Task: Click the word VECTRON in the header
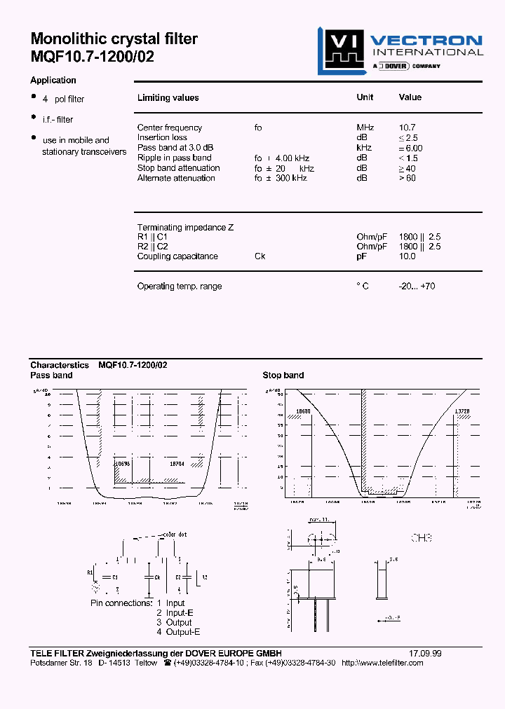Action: (x=426, y=41)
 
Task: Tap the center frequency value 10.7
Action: (x=407, y=128)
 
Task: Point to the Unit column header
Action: (x=365, y=97)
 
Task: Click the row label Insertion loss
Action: (x=162, y=137)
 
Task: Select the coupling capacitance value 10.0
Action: (x=407, y=256)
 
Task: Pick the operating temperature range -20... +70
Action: (x=417, y=287)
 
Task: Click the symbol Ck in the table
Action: (x=260, y=256)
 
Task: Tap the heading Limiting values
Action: (x=168, y=98)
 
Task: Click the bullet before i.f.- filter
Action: (x=33, y=117)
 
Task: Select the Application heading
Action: (x=53, y=81)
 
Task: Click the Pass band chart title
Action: (x=51, y=376)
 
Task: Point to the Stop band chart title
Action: (x=283, y=376)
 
